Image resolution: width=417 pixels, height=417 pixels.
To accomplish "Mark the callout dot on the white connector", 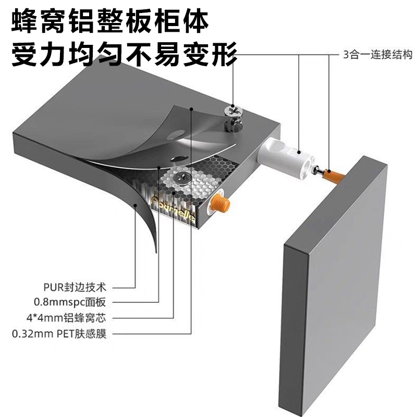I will pos(299,151).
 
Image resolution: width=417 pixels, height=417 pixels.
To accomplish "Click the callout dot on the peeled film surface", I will pos(193,108).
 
